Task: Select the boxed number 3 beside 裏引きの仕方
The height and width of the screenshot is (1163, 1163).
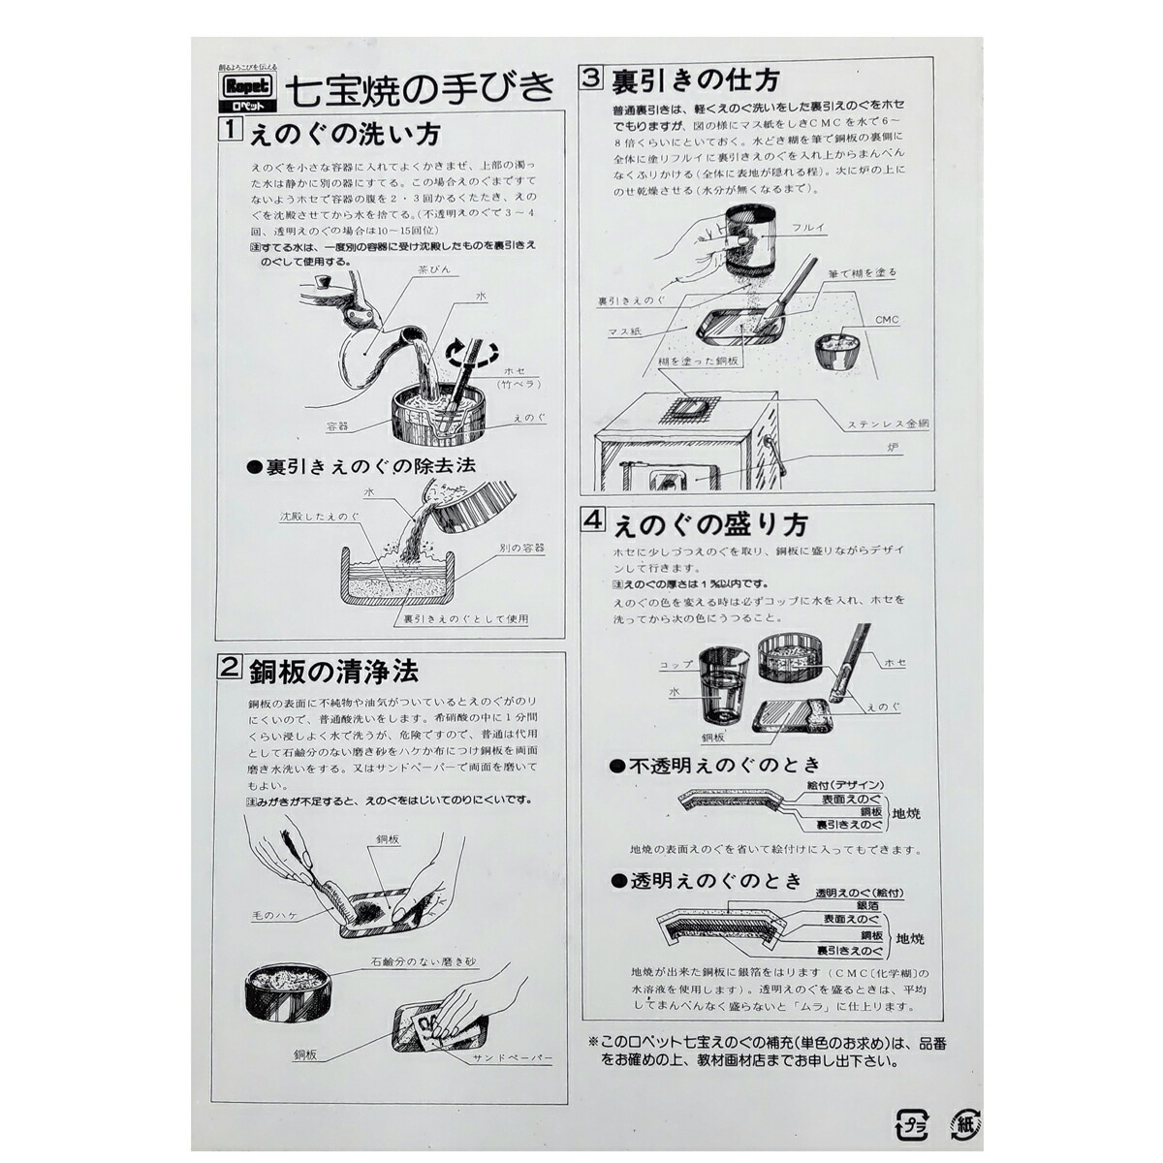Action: pyautogui.click(x=590, y=79)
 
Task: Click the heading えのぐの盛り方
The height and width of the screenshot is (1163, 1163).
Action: pyautogui.click(x=709, y=525)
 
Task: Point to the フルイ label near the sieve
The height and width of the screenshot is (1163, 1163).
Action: pyautogui.click(x=809, y=228)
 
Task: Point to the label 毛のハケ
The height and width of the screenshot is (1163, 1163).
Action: pyautogui.click(x=272, y=915)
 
